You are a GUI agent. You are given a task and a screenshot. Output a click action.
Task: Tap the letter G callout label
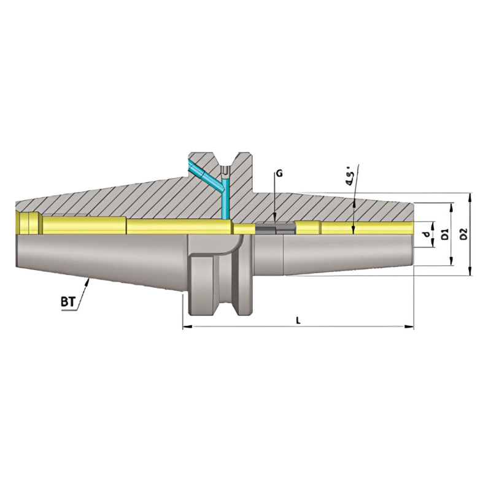pos(279,174)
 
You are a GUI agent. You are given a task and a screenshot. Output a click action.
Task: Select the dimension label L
pos(298,320)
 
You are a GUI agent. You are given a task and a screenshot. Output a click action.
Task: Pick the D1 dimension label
pos(446,234)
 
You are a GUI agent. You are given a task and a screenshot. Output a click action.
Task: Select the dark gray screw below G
pos(274,228)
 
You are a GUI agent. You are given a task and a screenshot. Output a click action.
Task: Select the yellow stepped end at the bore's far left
pos(28,223)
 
